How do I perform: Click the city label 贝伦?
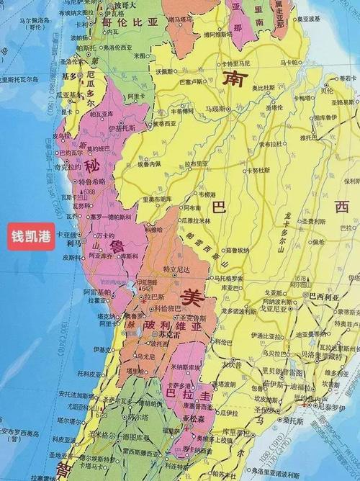(x=327, y=91)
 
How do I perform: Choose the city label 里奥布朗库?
(x=156, y=199)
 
